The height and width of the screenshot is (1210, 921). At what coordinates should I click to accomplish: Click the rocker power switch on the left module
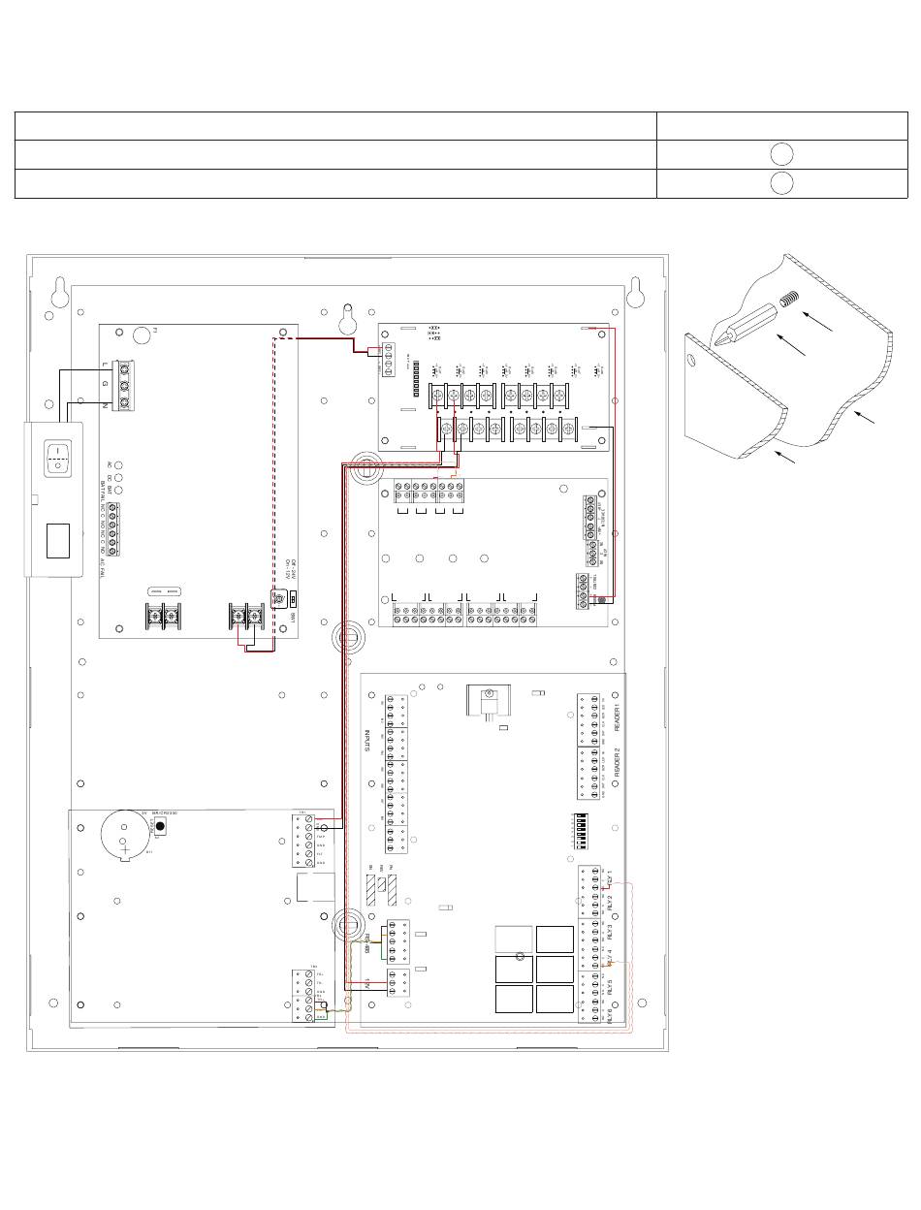pyautogui.click(x=60, y=458)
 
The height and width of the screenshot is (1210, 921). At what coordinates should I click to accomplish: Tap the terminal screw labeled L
pyautogui.click(x=125, y=368)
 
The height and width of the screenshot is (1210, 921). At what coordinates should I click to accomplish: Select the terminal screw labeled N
pyautogui.click(x=125, y=400)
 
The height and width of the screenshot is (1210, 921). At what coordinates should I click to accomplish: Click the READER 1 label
pyautogui.click(x=617, y=721)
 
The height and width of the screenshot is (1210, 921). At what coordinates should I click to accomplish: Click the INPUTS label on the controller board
pyautogui.click(x=368, y=742)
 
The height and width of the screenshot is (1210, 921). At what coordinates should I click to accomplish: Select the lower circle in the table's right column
pyautogui.click(x=783, y=183)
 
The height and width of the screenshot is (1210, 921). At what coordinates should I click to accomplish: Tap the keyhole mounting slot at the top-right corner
pyautogui.click(x=636, y=292)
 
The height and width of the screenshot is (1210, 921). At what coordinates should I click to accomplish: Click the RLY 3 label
pyautogui.click(x=609, y=932)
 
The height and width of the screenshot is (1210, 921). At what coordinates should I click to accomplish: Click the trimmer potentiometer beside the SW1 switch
pyautogui.click(x=278, y=602)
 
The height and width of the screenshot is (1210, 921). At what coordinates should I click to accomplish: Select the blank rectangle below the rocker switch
pyautogui.click(x=58, y=539)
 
